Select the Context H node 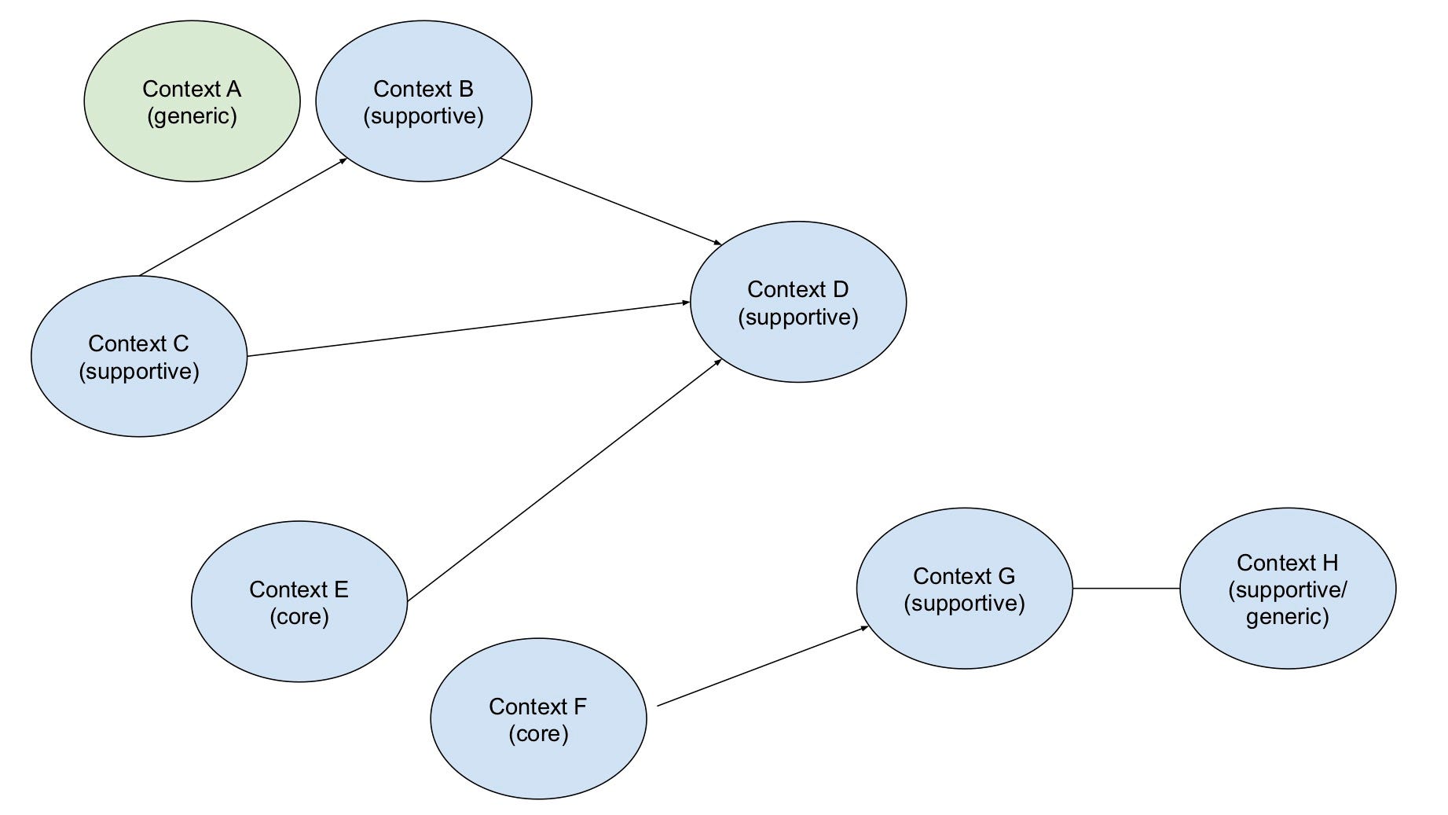click(1288, 644)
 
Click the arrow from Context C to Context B click(244, 217)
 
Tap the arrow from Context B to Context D click(611, 201)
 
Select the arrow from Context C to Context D click(468, 329)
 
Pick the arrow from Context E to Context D click(564, 480)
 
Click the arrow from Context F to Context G click(762, 666)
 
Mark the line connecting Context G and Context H click(1126, 588)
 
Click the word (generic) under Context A click(192, 116)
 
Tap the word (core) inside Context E click(299, 616)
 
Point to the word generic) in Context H click(1288, 616)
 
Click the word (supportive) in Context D click(798, 318)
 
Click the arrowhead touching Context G click(864, 628)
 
